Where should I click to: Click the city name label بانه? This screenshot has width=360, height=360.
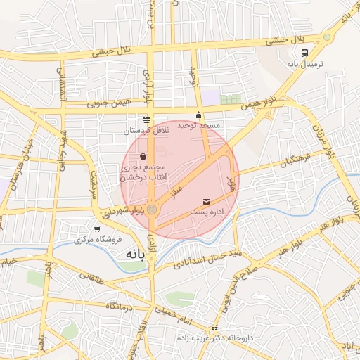pyautogui.click(x=133, y=252)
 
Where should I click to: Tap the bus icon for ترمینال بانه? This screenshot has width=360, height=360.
pyautogui.click(x=304, y=53)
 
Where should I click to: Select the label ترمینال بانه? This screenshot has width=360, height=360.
pyautogui.click(x=304, y=64)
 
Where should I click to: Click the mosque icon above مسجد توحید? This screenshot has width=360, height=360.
pyautogui.click(x=199, y=115)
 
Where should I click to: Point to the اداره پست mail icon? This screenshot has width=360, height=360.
pyautogui.click(x=206, y=202)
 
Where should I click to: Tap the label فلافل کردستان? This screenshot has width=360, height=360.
pyautogui.click(x=146, y=130)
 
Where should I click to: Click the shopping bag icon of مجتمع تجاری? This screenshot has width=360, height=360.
pyautogui.click(x=143, y=157)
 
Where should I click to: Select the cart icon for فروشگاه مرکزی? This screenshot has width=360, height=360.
pyautogui.click(x=97, y=229)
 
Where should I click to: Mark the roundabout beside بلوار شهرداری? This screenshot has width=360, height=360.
pyautogui.click(x=153, y=209)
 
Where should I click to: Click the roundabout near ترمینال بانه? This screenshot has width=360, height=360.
pyautogui.click(x=327, y=38)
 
